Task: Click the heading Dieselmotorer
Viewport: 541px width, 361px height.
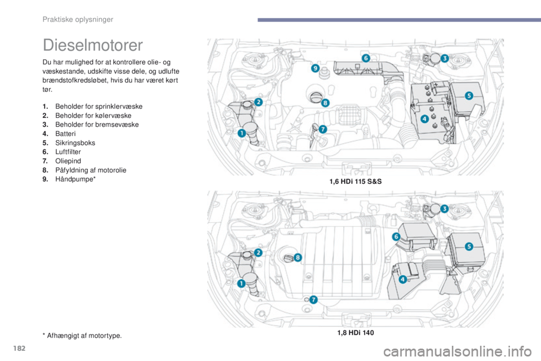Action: click(92, 45)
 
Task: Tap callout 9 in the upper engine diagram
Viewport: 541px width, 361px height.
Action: click(316, 68)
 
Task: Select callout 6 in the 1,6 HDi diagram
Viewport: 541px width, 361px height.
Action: click(366, 58)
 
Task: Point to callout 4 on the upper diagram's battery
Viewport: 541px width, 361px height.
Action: click(424, 119)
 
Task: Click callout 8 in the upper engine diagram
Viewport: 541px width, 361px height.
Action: click(325, 103)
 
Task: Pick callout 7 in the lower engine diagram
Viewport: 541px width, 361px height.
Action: click(313, 300)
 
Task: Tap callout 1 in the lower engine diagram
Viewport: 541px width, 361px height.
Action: click(242, 284)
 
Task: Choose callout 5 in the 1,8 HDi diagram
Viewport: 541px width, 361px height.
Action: click(469, 246)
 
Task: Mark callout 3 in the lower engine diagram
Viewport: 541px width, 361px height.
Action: click(445, 209)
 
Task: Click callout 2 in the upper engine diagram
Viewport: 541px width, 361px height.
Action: click(259, 102)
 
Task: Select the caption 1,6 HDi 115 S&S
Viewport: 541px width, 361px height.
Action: click(356, 182)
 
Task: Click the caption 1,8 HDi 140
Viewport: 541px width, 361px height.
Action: click(356, 333)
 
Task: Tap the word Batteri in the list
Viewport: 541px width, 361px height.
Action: click(65, 134)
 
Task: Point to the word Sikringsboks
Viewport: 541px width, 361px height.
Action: click(75, 143)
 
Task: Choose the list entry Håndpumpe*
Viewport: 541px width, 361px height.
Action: click(75, 179)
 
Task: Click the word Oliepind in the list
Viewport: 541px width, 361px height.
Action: click(68, 161)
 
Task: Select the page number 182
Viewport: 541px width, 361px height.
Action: click(19, 348)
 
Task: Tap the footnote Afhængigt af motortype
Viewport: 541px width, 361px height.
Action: click(84, 336)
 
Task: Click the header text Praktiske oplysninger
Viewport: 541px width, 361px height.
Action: click(78, 19)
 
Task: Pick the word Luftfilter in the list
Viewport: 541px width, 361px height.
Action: click(68, 152)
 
